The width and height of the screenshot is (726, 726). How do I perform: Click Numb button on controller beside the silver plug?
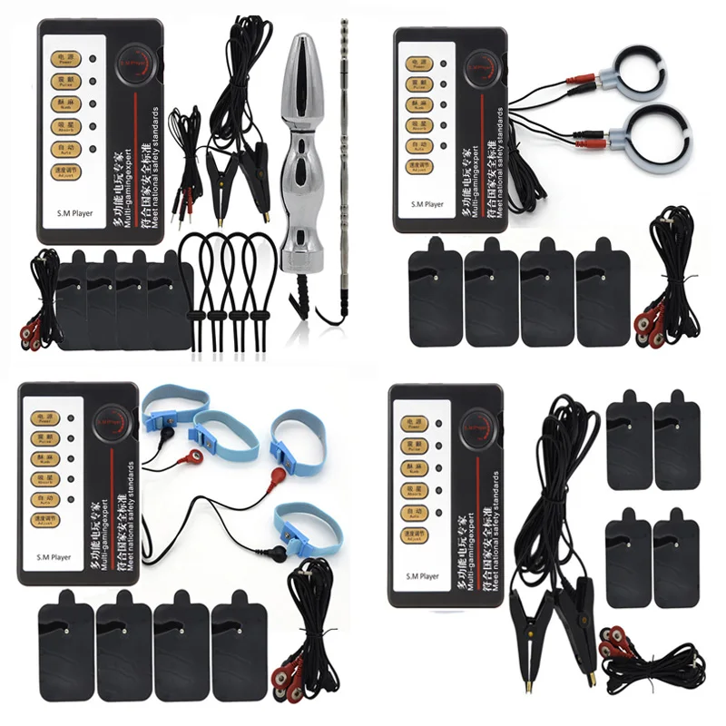tap(64, 103)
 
